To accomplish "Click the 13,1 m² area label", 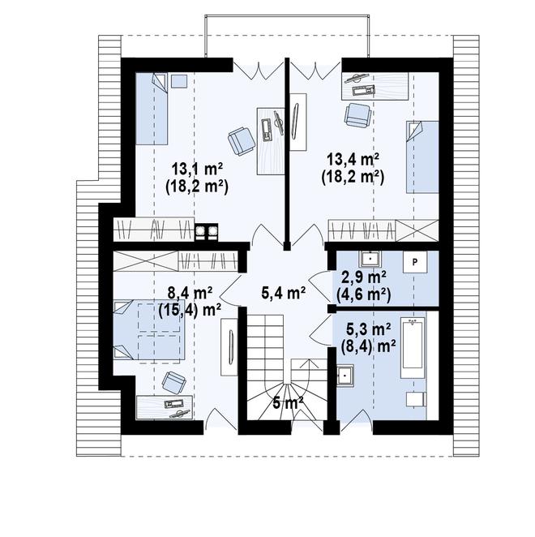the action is (x=197, y=170).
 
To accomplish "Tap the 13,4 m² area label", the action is (x=353, y=159).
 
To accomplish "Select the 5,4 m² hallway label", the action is (x=284, y=293).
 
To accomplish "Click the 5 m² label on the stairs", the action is (x=289, y=402).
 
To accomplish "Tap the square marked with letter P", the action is (x=415, y=263).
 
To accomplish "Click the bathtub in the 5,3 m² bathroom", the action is (x=413, y=342).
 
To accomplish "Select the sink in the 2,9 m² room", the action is (x=370, y=259).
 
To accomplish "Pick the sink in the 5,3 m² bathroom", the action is (x=345, y=376).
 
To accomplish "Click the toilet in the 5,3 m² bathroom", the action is (x=417, y=400).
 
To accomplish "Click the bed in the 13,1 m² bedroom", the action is (x=152, y=109).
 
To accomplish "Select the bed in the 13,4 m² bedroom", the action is (x=422, y=157).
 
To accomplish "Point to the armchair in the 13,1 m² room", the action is (x=242, y=141).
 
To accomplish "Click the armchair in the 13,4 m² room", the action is (x=358, y=115).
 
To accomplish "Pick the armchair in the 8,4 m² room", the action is (x=174, y=383).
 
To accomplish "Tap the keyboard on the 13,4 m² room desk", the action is (x=363, y=91).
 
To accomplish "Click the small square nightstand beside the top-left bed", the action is (x=179, y=81).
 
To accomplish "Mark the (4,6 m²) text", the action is (x=363, y=294).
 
